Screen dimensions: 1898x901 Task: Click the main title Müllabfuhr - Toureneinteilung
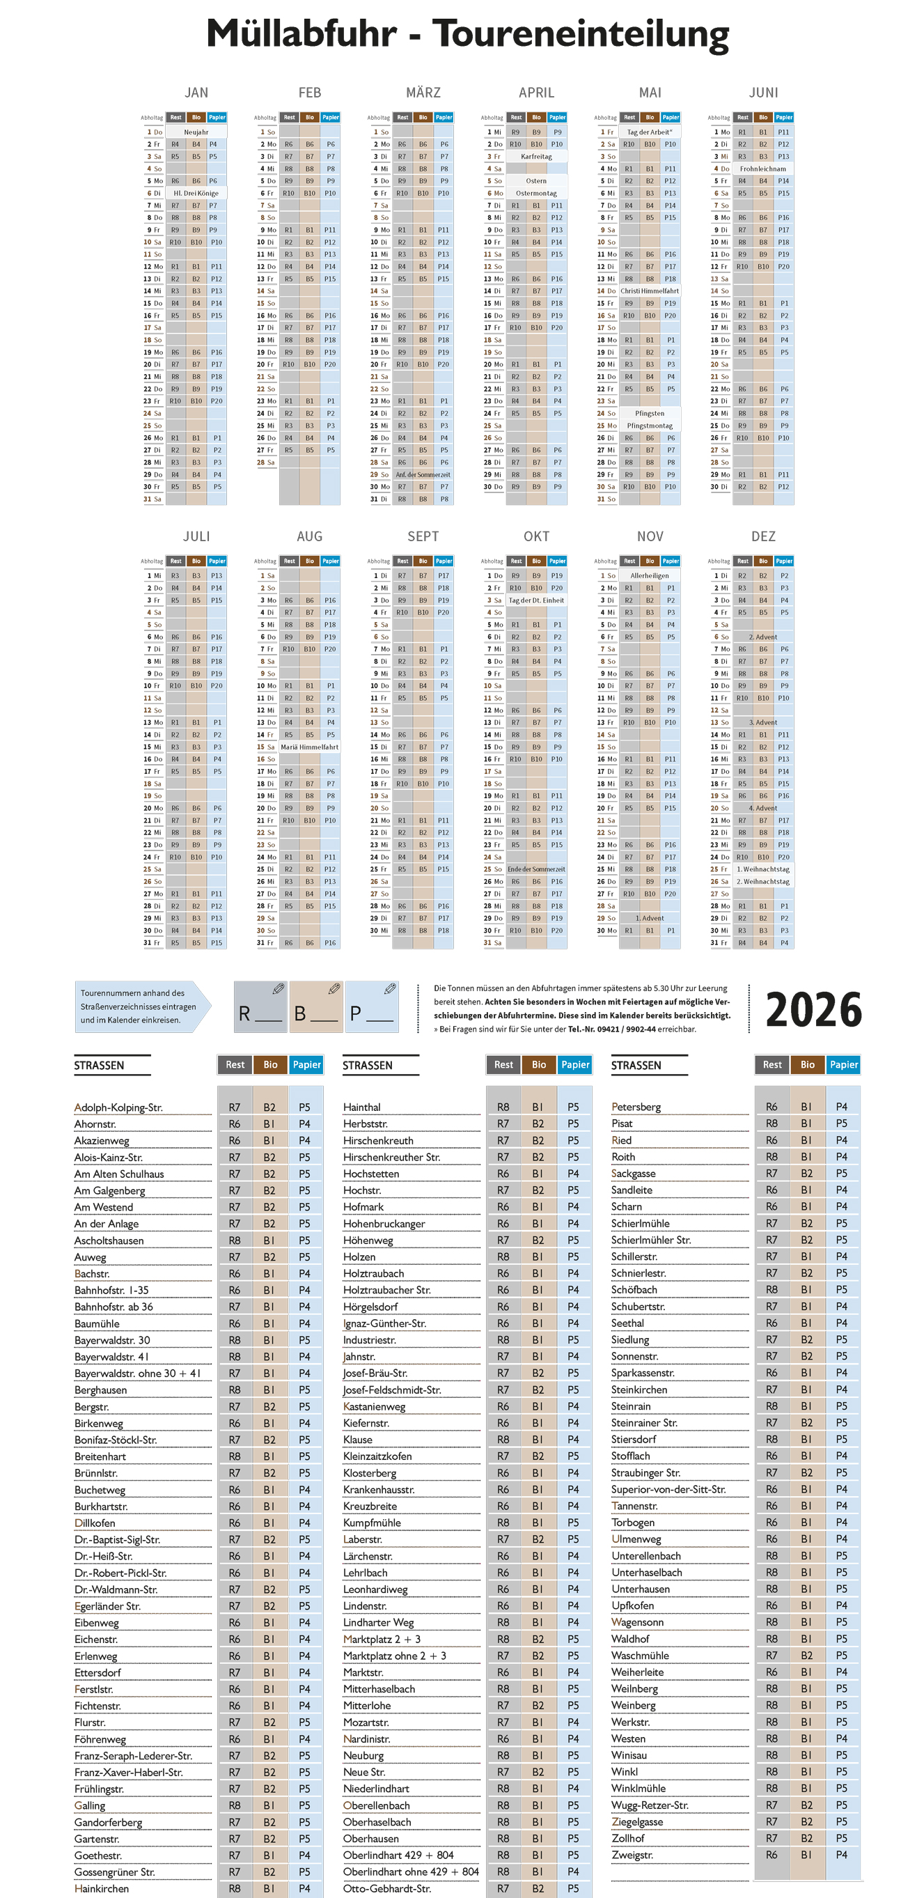click(x=467, y=35)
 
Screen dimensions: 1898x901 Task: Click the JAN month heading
click(x=196, y=93)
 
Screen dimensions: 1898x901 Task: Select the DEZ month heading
click(x=763, y=536)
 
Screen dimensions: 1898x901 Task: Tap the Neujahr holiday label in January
click(x=196, y=132)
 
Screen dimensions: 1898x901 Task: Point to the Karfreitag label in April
click(x=536, y=157)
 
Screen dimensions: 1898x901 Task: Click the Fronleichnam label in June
click(x=762, y=169)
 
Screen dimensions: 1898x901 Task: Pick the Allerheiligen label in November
click(x=650, y=576)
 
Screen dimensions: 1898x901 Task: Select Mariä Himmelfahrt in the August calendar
click(x=309, y=747)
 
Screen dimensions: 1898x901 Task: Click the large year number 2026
click(x=813, y=1009)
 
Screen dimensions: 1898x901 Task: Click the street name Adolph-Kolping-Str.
click(x=118, y=1107)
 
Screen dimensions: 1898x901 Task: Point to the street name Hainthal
click(x=362, y=1107)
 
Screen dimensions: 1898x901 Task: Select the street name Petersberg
click(x=636, y=1107)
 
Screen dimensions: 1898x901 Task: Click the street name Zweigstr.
click(x=632, y=1856)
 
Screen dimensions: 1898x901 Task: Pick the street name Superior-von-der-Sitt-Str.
click(x=668, y=1489)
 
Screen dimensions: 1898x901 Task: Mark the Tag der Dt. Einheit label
click(x=536, y=600)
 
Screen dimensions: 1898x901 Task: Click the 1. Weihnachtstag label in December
click(x=762, y=869)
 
